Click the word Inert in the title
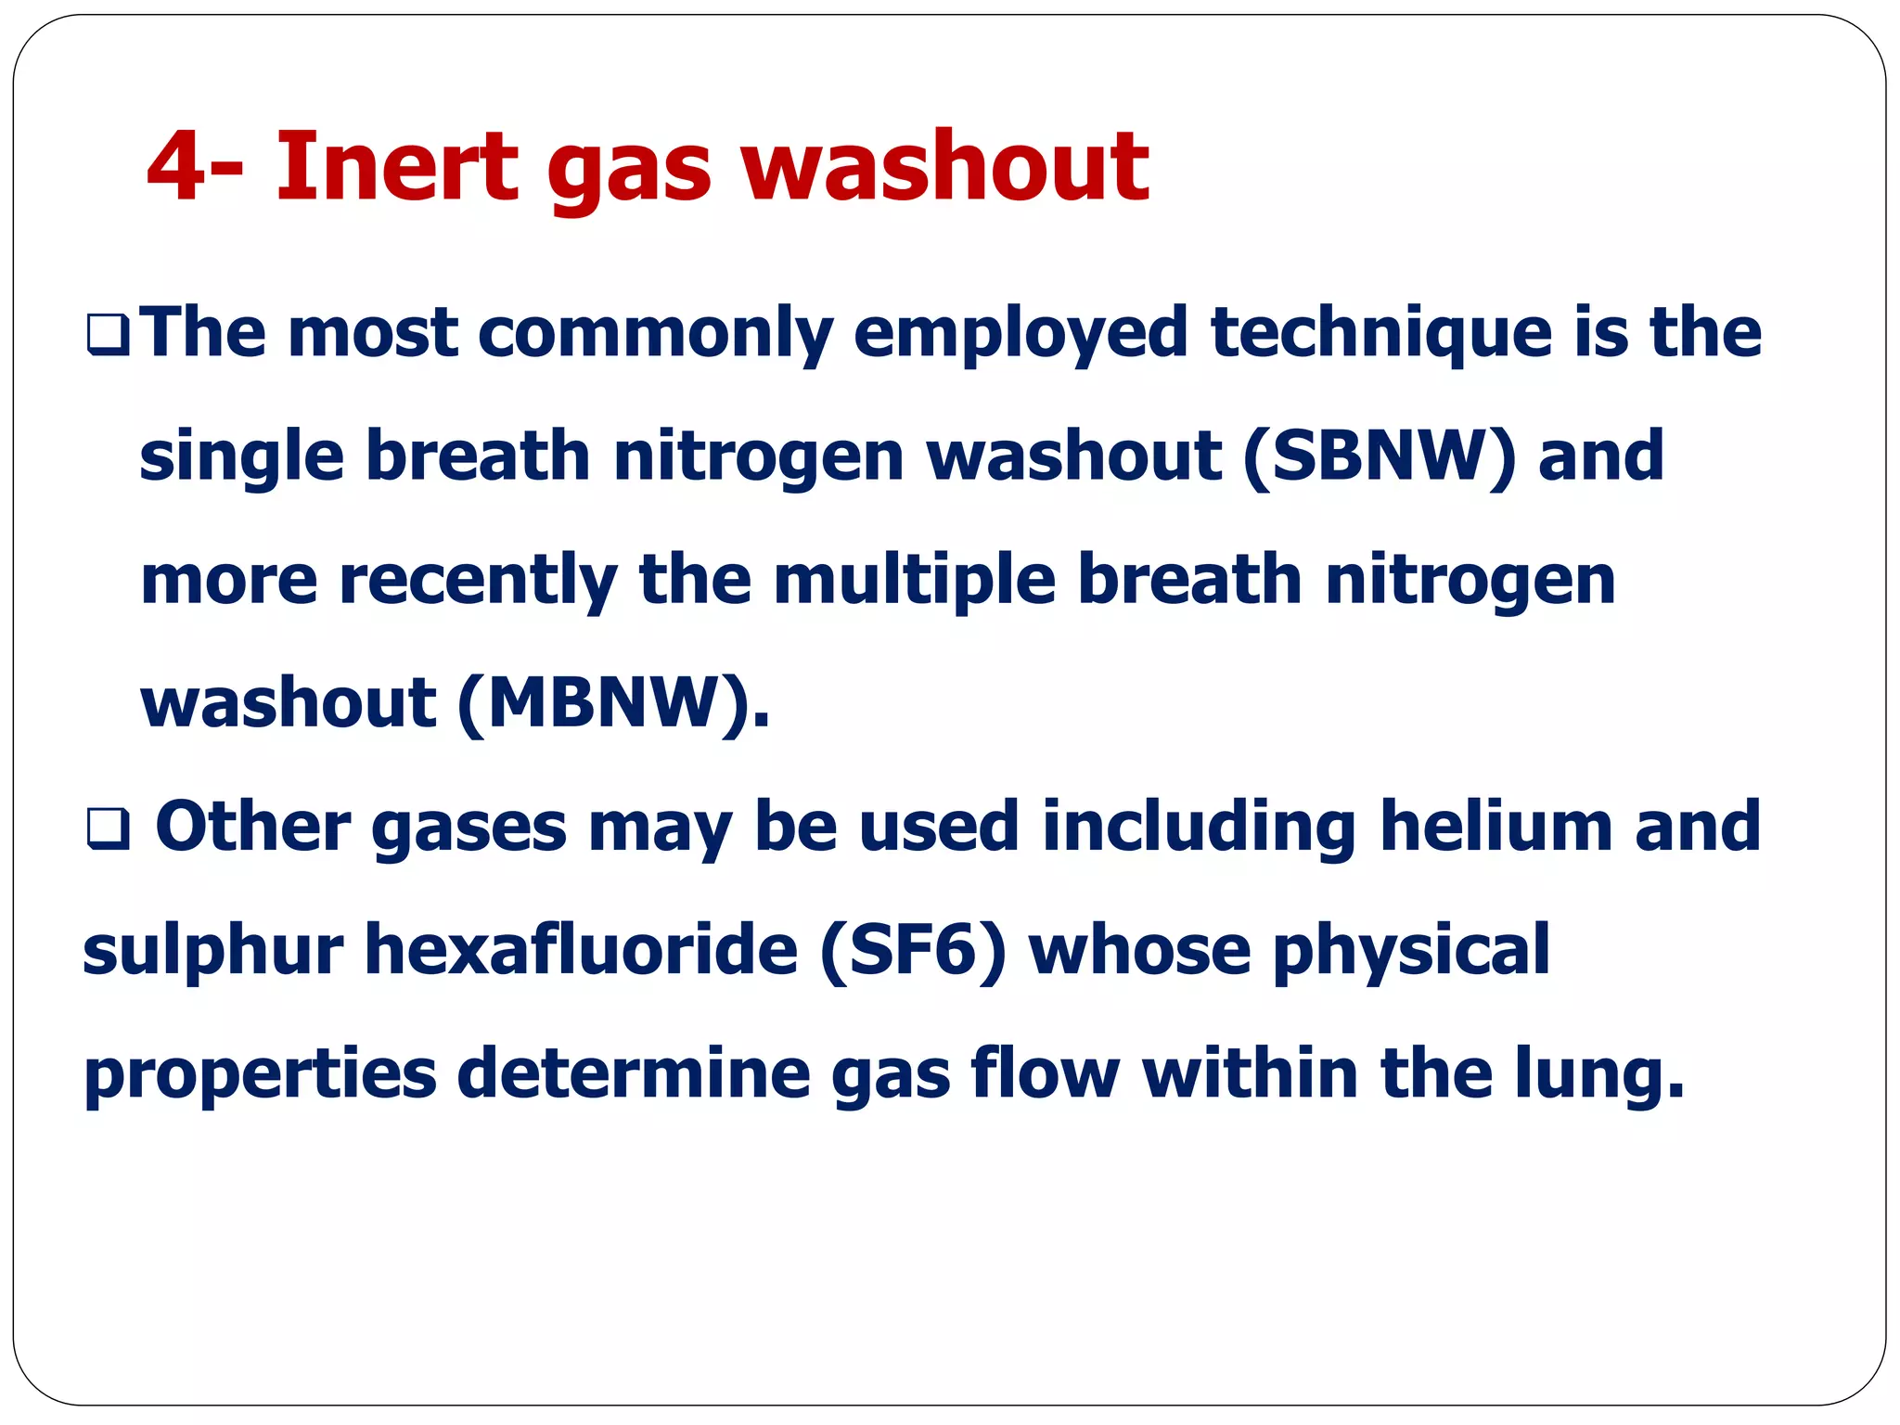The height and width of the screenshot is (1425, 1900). (396, 167)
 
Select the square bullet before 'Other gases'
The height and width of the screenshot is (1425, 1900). (108, 828)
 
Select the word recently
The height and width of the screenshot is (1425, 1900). (478, 581)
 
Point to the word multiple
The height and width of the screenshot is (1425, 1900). (915, 581)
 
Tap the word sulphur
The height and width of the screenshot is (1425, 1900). (212, 951)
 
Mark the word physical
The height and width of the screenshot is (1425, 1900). (1411, 951)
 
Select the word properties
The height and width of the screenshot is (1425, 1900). (260, 1074)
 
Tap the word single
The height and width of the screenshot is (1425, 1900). (240, 458)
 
